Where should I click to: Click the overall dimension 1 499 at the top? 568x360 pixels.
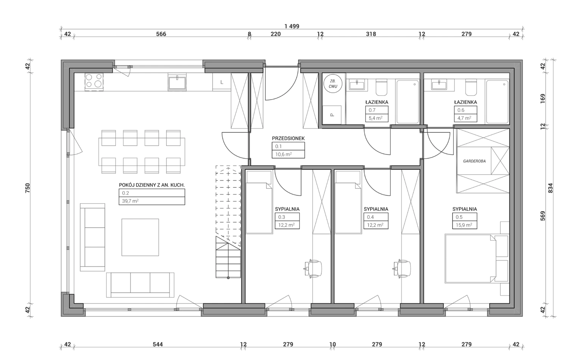pyautogui.click(x=292, y=26)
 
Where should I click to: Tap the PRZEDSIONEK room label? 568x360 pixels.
pyautogui.click(x=288, y=139)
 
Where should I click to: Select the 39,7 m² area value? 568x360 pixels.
pyautogui.click(x=130, y=201)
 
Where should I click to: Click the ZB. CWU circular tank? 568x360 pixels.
pyautogui.click(x=333, y=83)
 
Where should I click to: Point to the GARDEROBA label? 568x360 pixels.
pyautogui.click(x=474, y=161)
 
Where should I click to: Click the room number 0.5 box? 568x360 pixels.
pyautogui.click(x=465, y=217)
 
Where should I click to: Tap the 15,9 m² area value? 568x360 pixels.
pyautogui.click(x=464, y=225)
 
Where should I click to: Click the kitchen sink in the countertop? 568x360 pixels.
pyautogui.click(x=177, y=82)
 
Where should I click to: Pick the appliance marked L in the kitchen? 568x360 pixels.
pyautogui.click(x=222, y=82)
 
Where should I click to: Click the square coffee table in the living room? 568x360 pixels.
pyautogui.click(x=140, y=237)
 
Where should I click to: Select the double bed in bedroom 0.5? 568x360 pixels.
pyautogui.click(x=471, y=259)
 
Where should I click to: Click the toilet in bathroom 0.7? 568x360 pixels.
pyautogui.click(x=381, y=88)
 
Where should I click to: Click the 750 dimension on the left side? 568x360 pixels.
pyautogui.click(x=27, y=188)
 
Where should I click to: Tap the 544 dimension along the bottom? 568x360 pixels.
pyautogui.click(x=158, y=344)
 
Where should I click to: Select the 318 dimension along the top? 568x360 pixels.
pyautogui.click(x=371, y=34)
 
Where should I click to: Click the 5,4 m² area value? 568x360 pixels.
pyautogui.click(x=376, y=118)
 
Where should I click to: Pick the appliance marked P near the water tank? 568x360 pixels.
pyautogui.click(x=332, y=115)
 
